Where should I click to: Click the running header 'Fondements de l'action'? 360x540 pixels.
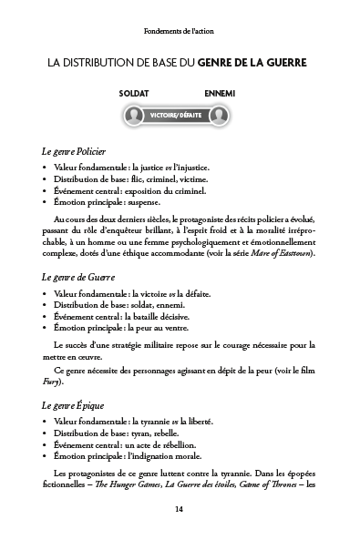(180, 31)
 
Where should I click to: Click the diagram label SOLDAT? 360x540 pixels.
(134, 93)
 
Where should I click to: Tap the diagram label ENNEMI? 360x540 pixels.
(221, 93)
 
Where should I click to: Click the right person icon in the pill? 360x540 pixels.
(221, 116)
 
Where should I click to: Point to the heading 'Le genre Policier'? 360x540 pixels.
(75, 149)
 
